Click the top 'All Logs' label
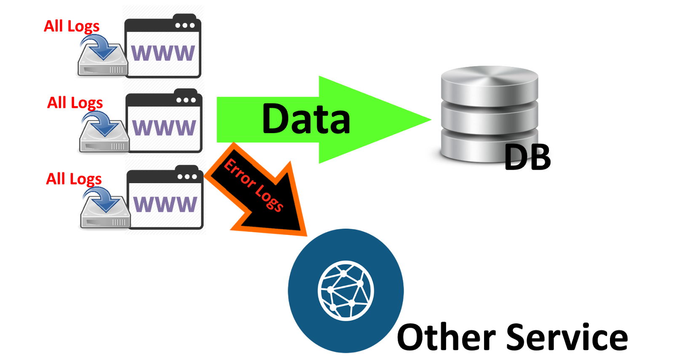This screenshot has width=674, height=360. tap(72, 27)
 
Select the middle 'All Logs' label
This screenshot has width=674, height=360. tap(75, 103)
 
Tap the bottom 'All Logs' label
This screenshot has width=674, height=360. tap(74, 179)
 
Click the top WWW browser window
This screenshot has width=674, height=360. tap(163, 46)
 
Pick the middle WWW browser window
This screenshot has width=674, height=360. tap(164, 120)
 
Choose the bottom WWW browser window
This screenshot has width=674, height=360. tap(165, 197)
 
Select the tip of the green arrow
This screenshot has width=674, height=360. tap(431, 120)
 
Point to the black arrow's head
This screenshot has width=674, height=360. tap(307, 236)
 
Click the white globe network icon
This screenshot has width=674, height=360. tap(346, 291)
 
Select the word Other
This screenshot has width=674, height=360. tap(447, 336)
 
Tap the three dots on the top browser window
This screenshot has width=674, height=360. tap(185, 26)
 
